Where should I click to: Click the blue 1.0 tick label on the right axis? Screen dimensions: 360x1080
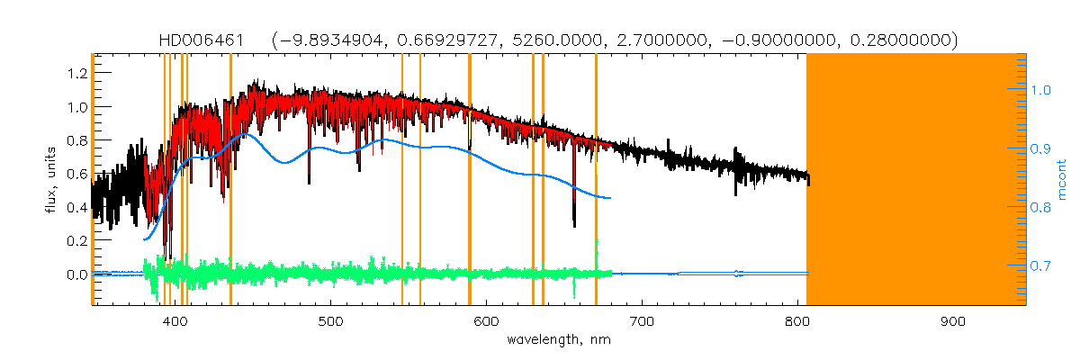click(1041, 90)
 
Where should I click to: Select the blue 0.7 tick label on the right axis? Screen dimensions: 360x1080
click(1041, 266)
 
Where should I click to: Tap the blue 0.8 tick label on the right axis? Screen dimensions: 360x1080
click(1041, 208)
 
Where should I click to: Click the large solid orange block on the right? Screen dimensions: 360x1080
click(915, 179)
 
